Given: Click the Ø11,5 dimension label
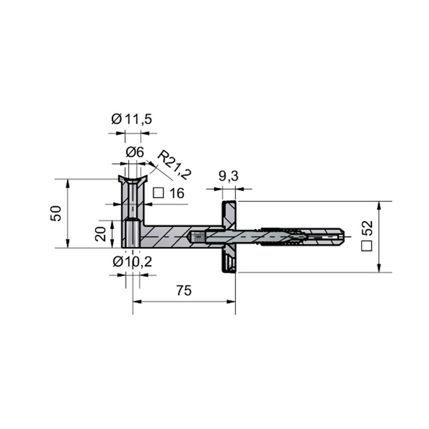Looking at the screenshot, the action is point(132,119).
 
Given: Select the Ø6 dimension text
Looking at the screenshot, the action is point(134,152).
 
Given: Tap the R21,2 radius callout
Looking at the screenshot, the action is point(174,165).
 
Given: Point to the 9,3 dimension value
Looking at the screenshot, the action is point(228,176).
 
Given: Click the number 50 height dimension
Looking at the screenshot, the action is point(56,213).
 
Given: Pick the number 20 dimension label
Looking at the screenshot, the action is point(101,234).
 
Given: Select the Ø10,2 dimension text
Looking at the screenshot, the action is point(132,262).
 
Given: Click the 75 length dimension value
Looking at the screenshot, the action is point(184,290).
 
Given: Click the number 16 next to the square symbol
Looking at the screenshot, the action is point(177,193).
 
